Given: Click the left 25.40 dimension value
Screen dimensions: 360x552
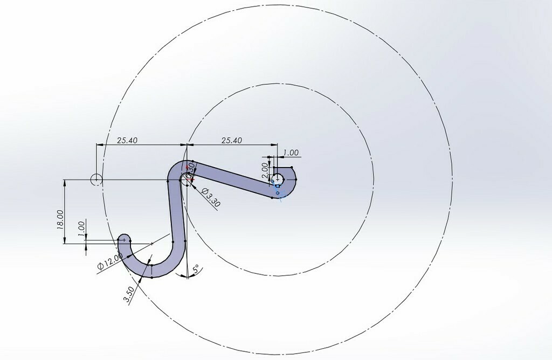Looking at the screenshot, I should click(x=128, y=140).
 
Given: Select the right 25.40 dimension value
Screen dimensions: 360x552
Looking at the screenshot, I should click(x=231, y=140).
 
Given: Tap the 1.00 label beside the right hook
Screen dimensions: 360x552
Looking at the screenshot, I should click(x=291, y=153).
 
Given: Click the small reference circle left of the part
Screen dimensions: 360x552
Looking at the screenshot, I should click(x=96, y=179).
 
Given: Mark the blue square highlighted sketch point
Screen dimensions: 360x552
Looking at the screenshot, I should click(x=278, y=186).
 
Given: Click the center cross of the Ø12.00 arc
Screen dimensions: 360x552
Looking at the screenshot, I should click(x=151, y=244).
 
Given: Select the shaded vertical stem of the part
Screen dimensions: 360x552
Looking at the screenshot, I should click(x=176, y=216).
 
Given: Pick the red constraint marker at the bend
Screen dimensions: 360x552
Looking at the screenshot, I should click(x=187, y=168).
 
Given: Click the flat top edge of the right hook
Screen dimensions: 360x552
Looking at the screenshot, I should click(x=282, y=168).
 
